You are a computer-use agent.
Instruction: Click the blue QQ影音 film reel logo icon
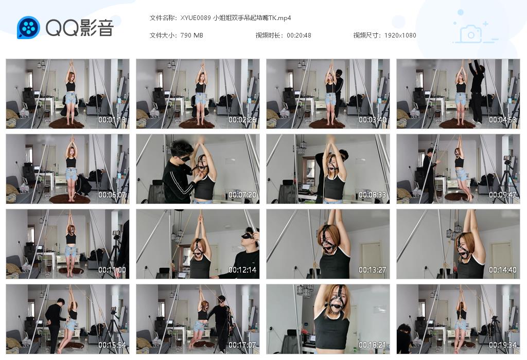[28, 27]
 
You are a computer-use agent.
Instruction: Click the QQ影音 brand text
[79, 28]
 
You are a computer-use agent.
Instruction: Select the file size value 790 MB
[191, 35]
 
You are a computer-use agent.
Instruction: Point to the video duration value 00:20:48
[298, 35]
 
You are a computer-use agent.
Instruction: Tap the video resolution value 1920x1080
[400, 35]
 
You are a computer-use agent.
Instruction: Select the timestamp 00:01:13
[112, 120]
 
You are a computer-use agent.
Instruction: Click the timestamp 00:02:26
[242, 120]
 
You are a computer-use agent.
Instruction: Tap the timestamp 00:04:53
[503, 120]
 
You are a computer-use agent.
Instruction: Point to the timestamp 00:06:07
[112, 195]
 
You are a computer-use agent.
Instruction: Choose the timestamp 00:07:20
[242, 195]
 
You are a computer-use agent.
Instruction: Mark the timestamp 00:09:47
[503, 195]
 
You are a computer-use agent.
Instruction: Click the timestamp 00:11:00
[112, 270]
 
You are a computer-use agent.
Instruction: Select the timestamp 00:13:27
[373, 270]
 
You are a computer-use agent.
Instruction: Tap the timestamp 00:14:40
[503, 270]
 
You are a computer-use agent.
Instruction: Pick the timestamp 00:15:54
[112, 345]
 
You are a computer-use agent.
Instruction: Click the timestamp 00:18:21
[373, 345]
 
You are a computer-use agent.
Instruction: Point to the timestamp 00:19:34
[503, 345]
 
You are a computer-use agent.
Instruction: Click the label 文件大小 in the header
[163, 35]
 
